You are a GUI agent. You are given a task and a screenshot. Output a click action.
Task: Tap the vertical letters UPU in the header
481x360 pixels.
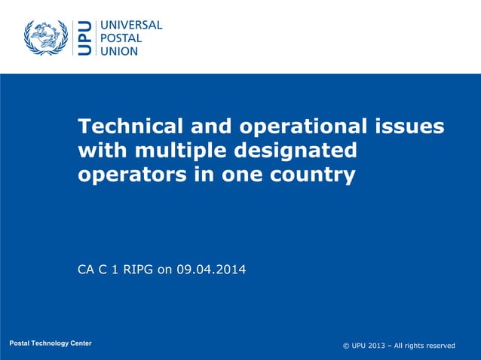[85, 38]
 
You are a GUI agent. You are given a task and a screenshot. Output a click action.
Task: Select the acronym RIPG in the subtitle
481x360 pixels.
[136, 267]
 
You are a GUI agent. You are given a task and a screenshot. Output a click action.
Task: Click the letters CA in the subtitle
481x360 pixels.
[87, 267]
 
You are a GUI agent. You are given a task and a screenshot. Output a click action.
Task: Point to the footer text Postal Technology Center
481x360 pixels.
[51, 343]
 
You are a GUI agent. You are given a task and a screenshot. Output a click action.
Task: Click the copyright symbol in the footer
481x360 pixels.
[346, 346]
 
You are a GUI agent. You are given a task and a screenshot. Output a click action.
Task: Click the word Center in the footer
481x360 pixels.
[80, 343]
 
